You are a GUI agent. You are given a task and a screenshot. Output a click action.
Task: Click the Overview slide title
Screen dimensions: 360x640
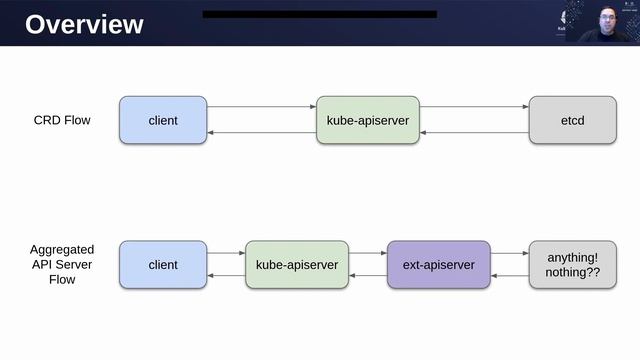84,24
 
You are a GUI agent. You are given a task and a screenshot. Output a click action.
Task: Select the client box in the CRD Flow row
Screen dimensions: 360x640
163,120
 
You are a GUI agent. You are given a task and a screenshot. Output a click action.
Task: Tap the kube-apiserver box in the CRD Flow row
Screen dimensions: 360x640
367,120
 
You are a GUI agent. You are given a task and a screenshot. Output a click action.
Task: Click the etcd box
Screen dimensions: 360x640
572,120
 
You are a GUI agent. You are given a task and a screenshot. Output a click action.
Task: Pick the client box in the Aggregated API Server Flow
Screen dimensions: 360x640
163,265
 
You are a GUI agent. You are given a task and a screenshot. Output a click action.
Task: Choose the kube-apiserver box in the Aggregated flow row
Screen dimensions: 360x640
297,265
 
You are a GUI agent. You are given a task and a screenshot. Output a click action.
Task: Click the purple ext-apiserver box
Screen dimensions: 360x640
439,265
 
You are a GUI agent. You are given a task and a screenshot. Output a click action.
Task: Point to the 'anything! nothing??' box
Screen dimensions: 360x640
572,265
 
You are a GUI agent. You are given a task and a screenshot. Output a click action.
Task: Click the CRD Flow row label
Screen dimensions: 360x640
62,120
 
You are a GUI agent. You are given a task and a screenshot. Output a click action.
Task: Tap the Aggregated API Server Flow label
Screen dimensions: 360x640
62,265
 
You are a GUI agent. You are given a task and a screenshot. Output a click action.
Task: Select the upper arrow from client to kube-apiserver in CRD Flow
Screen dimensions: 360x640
262,107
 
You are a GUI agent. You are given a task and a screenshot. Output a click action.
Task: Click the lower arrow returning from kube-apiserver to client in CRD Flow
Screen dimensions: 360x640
262,133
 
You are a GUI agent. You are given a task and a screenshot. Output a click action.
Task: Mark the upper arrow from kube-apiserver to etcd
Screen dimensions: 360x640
473,107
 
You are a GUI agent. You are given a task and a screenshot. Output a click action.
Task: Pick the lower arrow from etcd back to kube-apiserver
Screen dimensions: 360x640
473,133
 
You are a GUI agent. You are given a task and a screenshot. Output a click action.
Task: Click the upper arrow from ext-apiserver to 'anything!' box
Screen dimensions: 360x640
510,254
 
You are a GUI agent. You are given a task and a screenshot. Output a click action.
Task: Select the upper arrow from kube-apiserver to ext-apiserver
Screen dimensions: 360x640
368,254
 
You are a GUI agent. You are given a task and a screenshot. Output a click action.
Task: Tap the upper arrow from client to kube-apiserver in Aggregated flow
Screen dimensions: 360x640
226,254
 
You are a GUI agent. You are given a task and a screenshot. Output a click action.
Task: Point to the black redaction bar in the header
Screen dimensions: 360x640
320,14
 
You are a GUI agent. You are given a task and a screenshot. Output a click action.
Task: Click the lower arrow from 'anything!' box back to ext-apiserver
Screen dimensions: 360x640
510,276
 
